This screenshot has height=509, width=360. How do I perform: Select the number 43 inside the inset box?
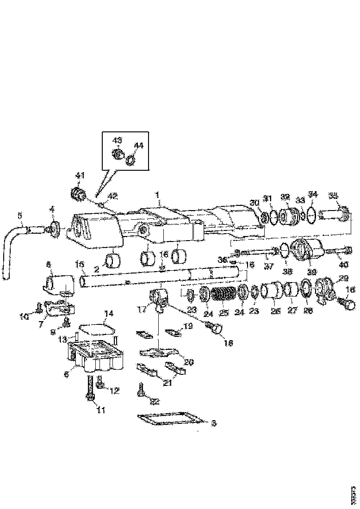click(x=117, y=140)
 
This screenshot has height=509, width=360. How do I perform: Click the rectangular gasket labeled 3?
click(x=169, y=420)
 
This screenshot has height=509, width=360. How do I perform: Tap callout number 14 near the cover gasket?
click(x=108, y=313)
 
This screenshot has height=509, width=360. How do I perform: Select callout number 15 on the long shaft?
click(x=80, y=264)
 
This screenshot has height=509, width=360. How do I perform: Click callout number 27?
click(x=292, y=311)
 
